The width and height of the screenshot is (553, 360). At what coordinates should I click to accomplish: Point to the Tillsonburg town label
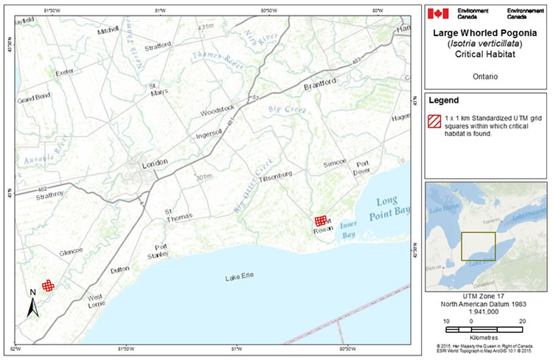coord(274,174)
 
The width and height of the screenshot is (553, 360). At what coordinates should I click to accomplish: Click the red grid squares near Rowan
coord(320,221)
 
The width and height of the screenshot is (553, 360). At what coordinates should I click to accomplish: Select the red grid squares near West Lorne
coord(48,285)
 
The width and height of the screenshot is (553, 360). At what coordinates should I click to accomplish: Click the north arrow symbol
coord(32,303)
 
